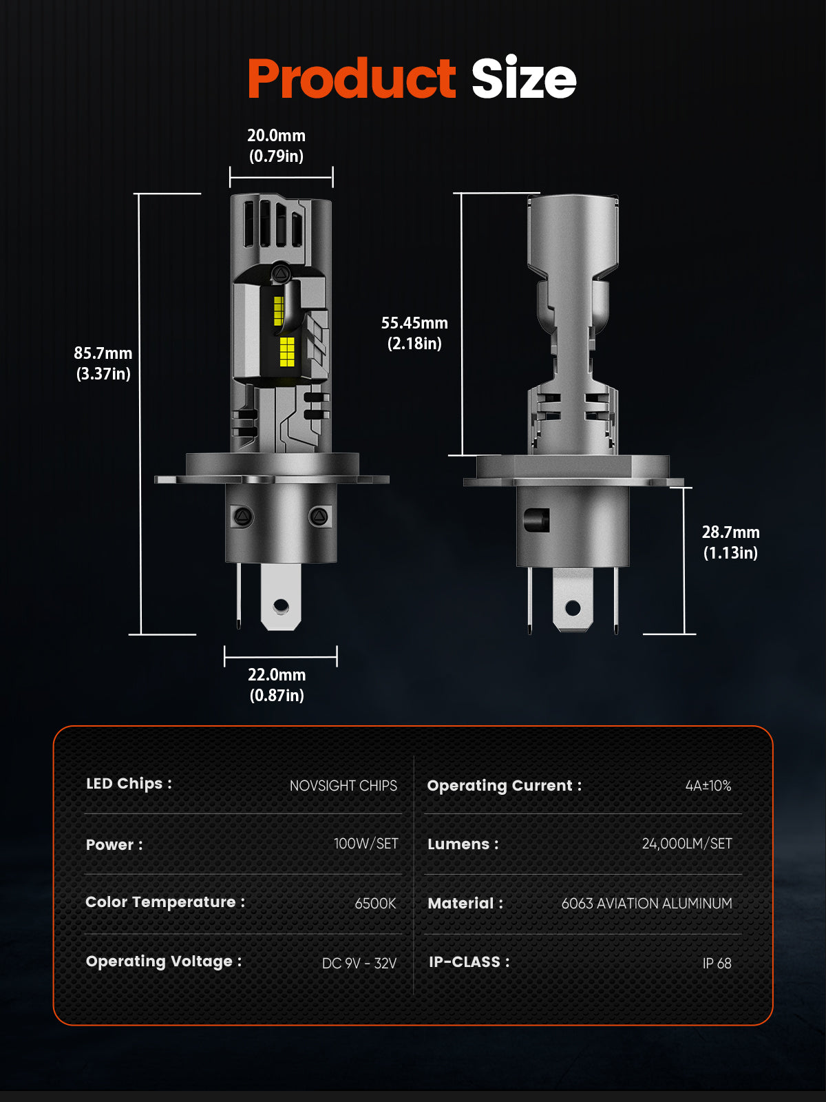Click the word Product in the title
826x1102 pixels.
pyautogui.click(x=351, y=79)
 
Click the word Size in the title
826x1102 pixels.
pyautogui.click(x=523, y=79)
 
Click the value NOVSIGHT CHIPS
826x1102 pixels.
pyautogui.click(x=343, y=786)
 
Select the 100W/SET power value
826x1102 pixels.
pyautogui.click(x=366, y=844)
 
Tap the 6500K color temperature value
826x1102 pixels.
pyautogui.click(x=375, y=904)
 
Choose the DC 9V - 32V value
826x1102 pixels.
pyautogui.click(x=359, y=964)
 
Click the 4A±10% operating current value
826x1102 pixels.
pyautogui.click(x=708, y=786)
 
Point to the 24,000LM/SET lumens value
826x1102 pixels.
pyautogui.click(x=686, y=844)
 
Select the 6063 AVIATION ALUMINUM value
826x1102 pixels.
pyautogui.click(x=646, y=904)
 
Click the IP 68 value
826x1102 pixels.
pyautogui.click(x=717, y=964)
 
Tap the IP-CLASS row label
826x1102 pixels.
pyautogui.click(x=469, y=962)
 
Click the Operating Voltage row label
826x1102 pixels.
pyautogui.click(x=163, y=961)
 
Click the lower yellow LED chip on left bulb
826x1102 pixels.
pyautogui.click(x=287, y=351)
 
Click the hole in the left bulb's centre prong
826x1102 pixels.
pyautogui.click(x=281, y=606)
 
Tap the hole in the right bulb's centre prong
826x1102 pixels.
pyautogui.click(x=573, y=608)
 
